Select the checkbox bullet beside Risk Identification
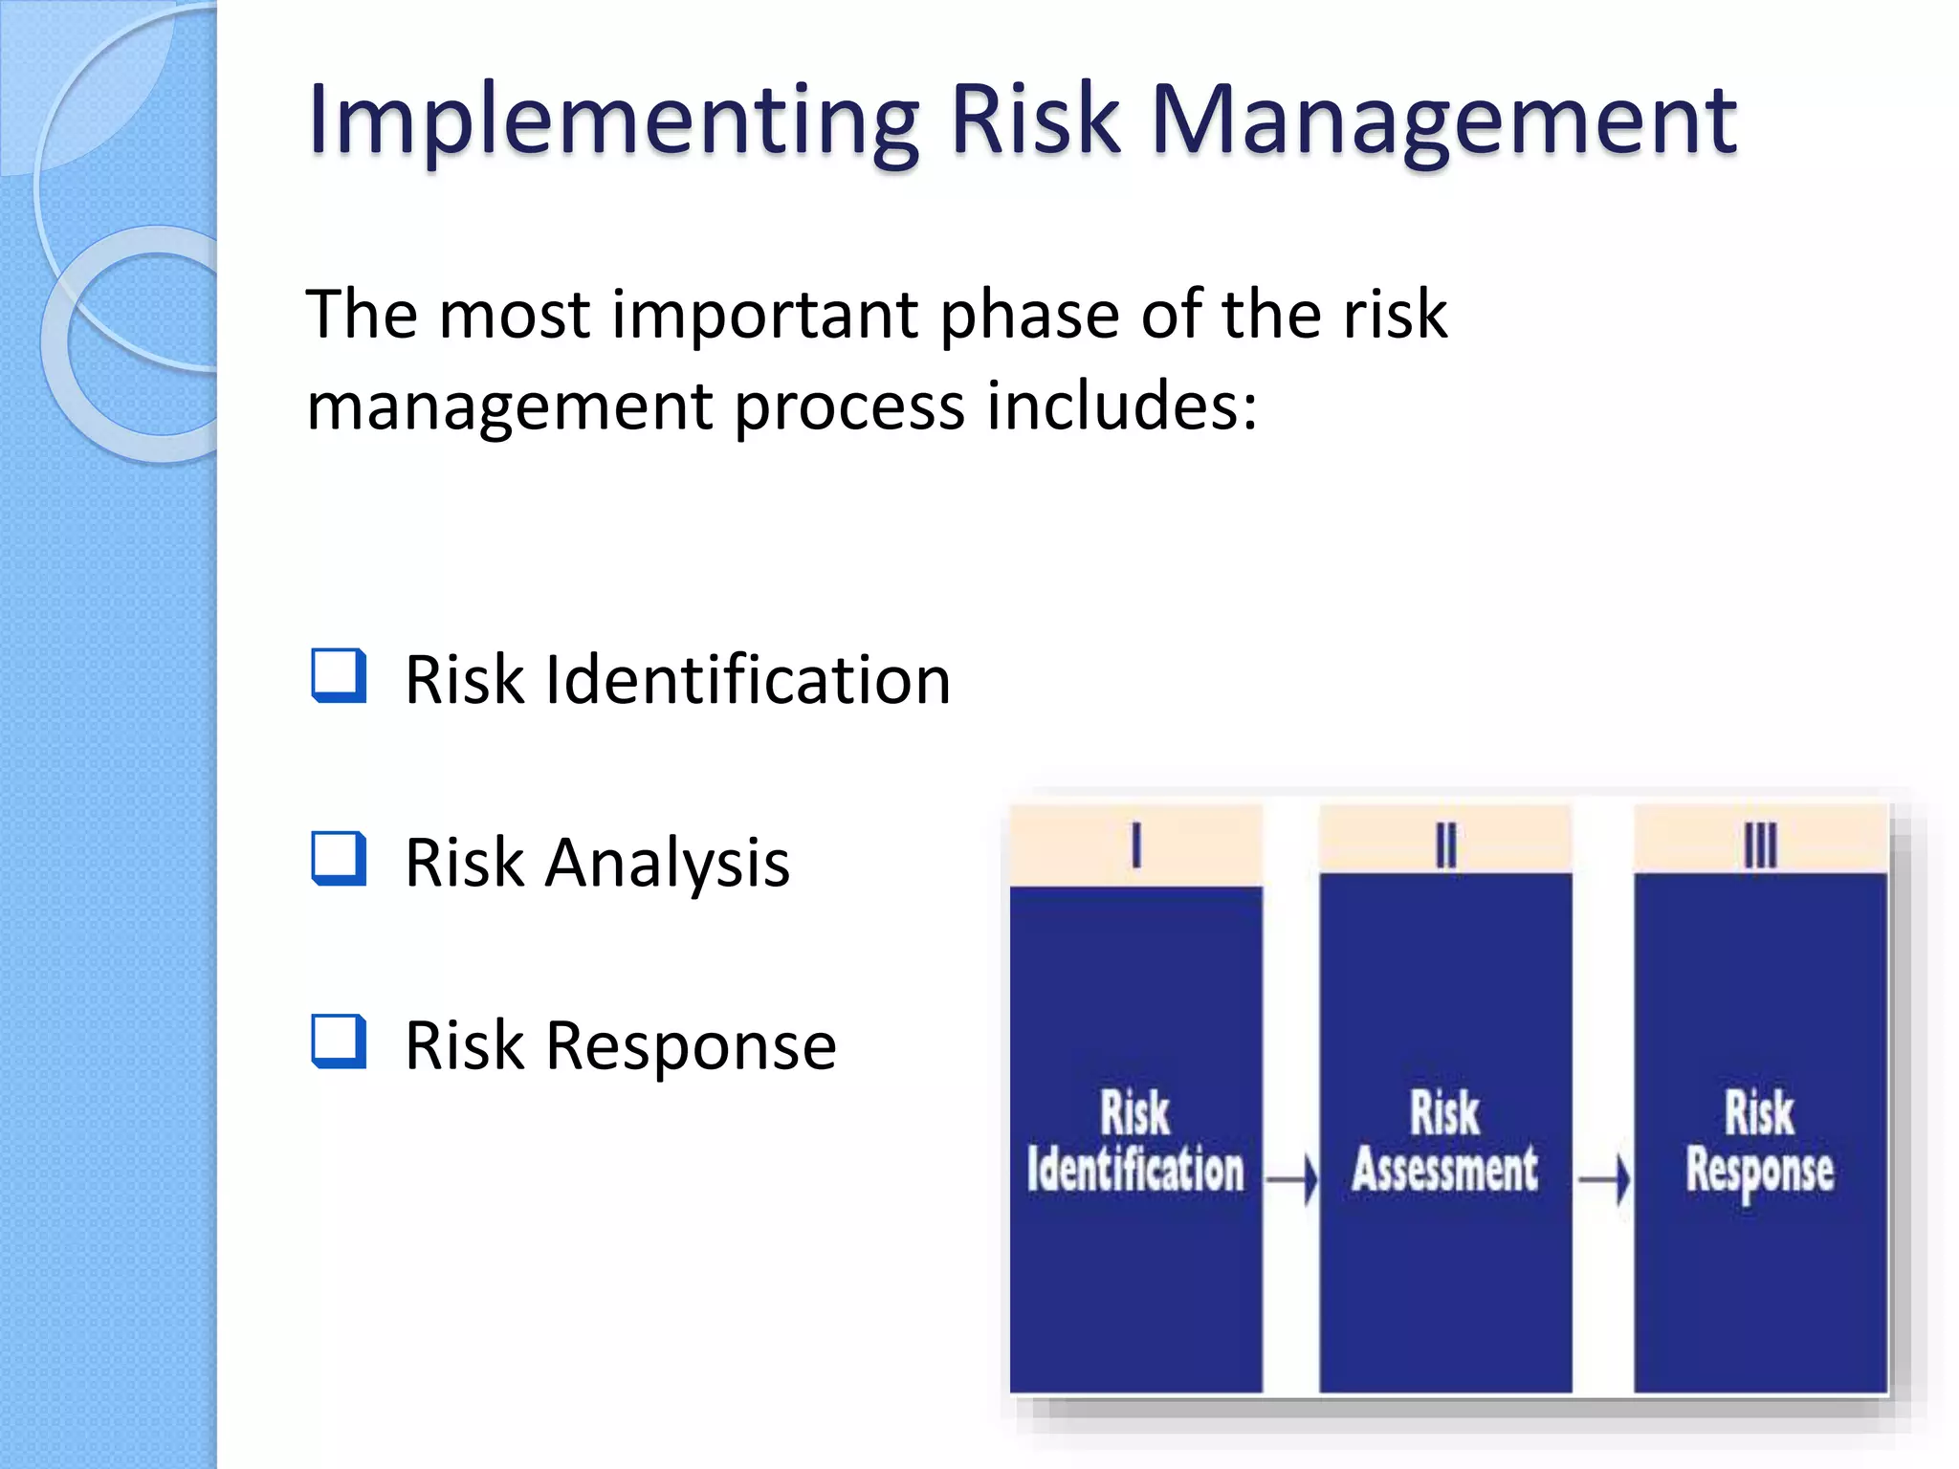click(x=339, y=676)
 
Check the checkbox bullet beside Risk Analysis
click(x=339, y=859)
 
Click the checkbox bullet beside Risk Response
click(x=339, y=1041)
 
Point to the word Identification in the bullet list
click(x=748, y=680)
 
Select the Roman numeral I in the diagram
click(x=1135, y=845)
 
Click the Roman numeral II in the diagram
click(x=1445, y=845)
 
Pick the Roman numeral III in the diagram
click(x=1759, y=845)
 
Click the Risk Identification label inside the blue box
click(x=1135, y=1143)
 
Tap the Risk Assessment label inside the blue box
click(x=1445, y=1143)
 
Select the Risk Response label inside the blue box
click(x=1759, y=1143)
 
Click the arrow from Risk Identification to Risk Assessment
click(x=1291, y=1180)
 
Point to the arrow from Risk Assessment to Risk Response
click(x=1603, y=1180)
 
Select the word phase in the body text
click(x=1029, y=317)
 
